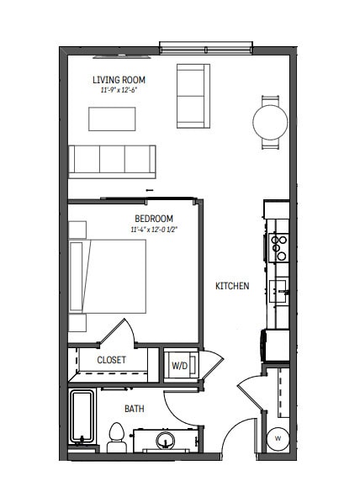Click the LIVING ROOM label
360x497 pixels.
(x=119, y=80)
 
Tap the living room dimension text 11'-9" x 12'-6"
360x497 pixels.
(x=119, y=90)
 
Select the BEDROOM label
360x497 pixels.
(x=154, y=219)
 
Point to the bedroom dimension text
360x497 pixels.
(x=154, y=230)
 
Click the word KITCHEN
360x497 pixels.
(x=232, y=286)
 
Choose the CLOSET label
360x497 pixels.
(x=112, y=360)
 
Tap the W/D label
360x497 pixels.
(x=179, y=366)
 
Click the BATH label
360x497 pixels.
(x=135, y=409)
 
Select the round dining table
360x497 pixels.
(x=270, y=122)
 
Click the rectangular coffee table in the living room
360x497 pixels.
(x=112, y=119)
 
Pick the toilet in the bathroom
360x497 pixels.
(x=117, y=438)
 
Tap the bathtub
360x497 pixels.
(x=82, y=416)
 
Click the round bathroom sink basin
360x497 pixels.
(x=165, y=441)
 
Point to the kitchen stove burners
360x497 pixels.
(x=278, y=248)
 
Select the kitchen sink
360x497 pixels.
(x=278, y=291)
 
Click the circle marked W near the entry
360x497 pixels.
(x=278, y=439)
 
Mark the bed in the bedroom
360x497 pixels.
(x=108, y=277)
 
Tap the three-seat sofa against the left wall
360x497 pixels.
(x=112, y=161)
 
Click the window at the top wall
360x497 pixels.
(x=206, y=48)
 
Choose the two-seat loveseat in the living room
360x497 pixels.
(x=193, y=96)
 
